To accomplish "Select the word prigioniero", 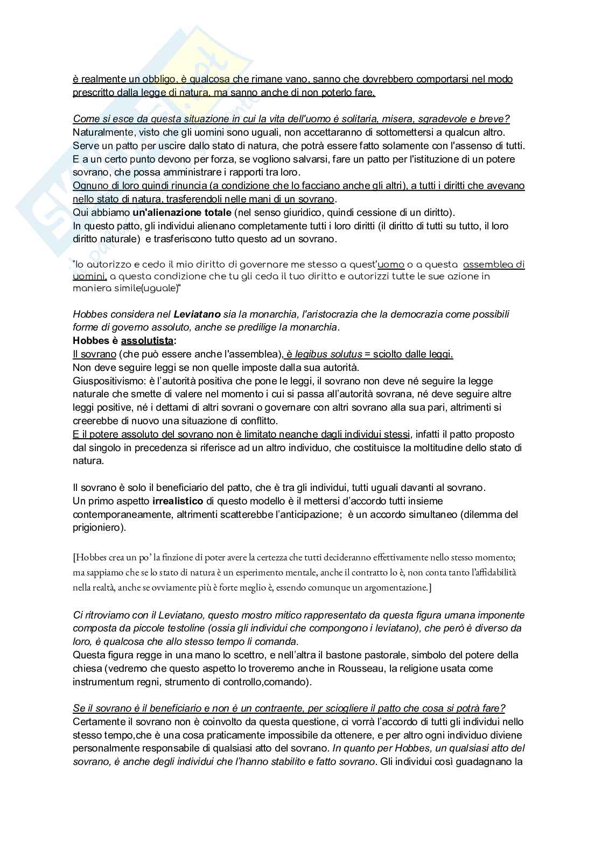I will tap(98, 528).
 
